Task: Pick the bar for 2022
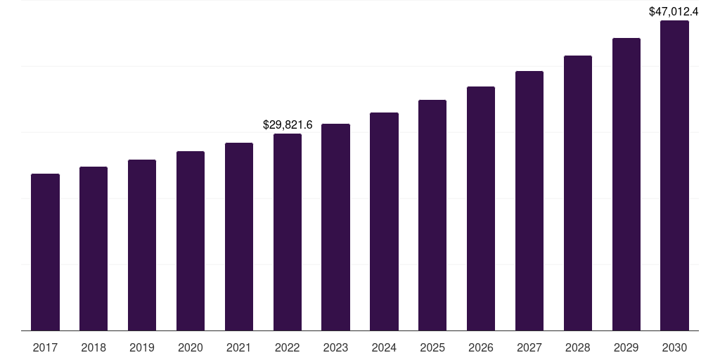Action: (288, 232)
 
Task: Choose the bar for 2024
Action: (384, 221)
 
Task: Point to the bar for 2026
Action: (481, 208)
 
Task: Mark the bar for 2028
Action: (578, 193)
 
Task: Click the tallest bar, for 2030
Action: (674, 175)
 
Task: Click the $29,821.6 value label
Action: (288, 124)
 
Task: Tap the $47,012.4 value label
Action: (674, 11)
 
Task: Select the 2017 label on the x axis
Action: (45, 347)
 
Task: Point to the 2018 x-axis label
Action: (94, 347)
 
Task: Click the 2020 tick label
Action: (191, 347)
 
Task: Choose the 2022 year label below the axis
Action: (288, 347)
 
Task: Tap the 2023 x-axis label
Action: (335, 347)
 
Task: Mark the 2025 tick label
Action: (432, 347)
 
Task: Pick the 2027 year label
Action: (529, 347)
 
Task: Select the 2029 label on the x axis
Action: (626, 347)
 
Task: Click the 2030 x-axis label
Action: (674, 347)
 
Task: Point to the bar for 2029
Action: (626, 184)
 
